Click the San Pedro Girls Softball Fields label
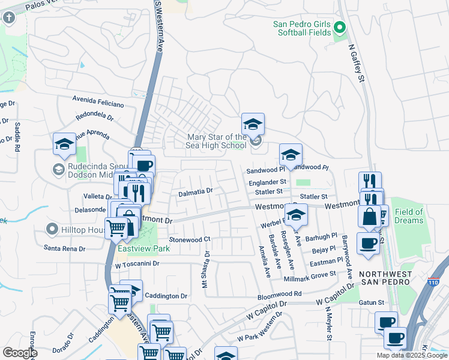pos(301,28)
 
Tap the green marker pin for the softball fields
pos(340,28)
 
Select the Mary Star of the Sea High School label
pos(216,142)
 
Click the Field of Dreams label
pos(409,216)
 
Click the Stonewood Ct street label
pos(190,239)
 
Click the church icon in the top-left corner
pos(9,17)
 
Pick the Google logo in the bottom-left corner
pos(20,353)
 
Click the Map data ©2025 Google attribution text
pos(411,355)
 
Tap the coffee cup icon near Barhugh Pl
pos(367,243)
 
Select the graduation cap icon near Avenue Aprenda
pos(64,145)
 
